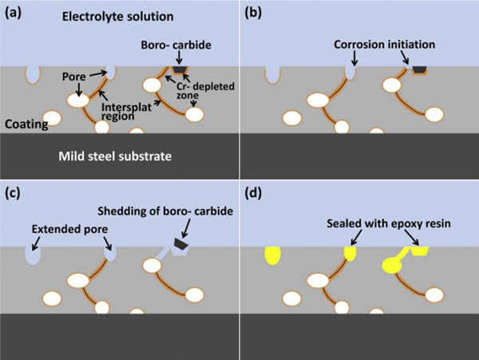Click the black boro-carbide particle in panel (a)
pyautogui.click(x=179, y=70)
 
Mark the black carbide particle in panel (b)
pyautogui.click(x=418, y=70)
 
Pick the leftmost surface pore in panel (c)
pyautogui.click(x=31, y=255)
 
